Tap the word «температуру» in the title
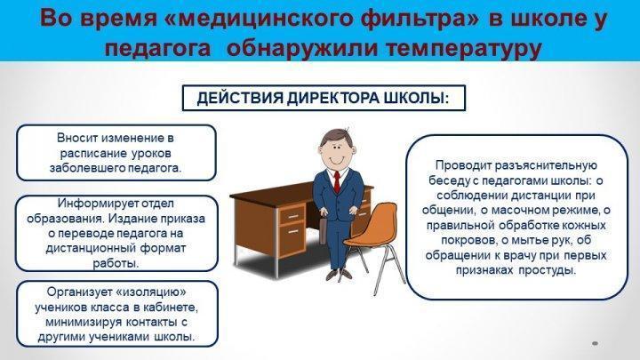click(x=463, y=48)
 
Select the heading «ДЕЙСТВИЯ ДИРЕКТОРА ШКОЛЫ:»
click(x=323, y=99)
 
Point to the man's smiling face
click(x=335, y=151)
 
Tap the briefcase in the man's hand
click(x=324, y=229)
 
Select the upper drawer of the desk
click(x=292, y=215)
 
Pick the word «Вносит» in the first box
click(x=77, y=138)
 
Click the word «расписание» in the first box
click(x=93, y=154)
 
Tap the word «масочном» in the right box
click(x=517, y=210)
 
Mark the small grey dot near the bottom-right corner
click(x=595, y=344)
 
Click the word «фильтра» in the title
click(x=414, y=20)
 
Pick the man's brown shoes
click(x=339, y=274)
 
